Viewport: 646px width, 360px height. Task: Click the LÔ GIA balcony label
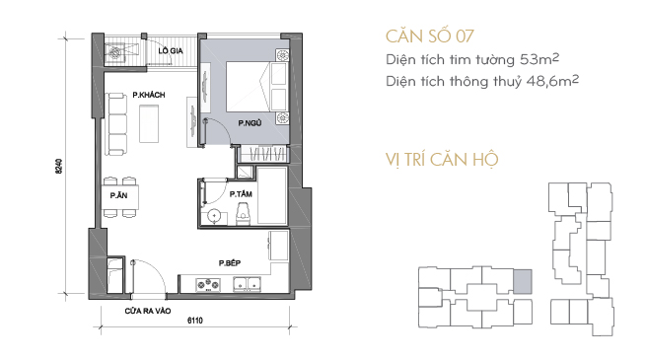pos(171,50)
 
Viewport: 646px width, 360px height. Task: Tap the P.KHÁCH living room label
pos(149,95)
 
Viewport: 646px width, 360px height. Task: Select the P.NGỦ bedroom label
pos(250,122)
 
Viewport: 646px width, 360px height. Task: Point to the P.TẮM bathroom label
pos(241,194)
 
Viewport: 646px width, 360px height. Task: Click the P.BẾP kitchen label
pos(230,262)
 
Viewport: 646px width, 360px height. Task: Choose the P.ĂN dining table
pos(120,197)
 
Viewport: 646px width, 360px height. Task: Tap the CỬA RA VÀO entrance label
pos(148,311)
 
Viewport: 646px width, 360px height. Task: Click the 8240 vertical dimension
pos(59,166)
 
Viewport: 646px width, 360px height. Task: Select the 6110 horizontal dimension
pos(195,321)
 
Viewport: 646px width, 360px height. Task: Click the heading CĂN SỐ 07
pos(430,36)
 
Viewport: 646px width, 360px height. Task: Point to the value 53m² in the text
pos(539,59)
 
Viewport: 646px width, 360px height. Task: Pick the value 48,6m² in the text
pos(552,81)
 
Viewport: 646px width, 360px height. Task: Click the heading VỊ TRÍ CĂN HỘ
pos(442,160)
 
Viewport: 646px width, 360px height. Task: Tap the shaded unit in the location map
pos(523,282)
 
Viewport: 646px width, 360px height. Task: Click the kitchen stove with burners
pos(208,284)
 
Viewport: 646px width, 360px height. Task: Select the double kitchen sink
pos(248,284)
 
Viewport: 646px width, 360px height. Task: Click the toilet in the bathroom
pos(243,215)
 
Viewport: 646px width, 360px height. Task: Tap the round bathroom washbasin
pos(214,216)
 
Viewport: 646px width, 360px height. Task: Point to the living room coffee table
pos(149,123)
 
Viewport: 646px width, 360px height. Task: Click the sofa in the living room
pos(116,124)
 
